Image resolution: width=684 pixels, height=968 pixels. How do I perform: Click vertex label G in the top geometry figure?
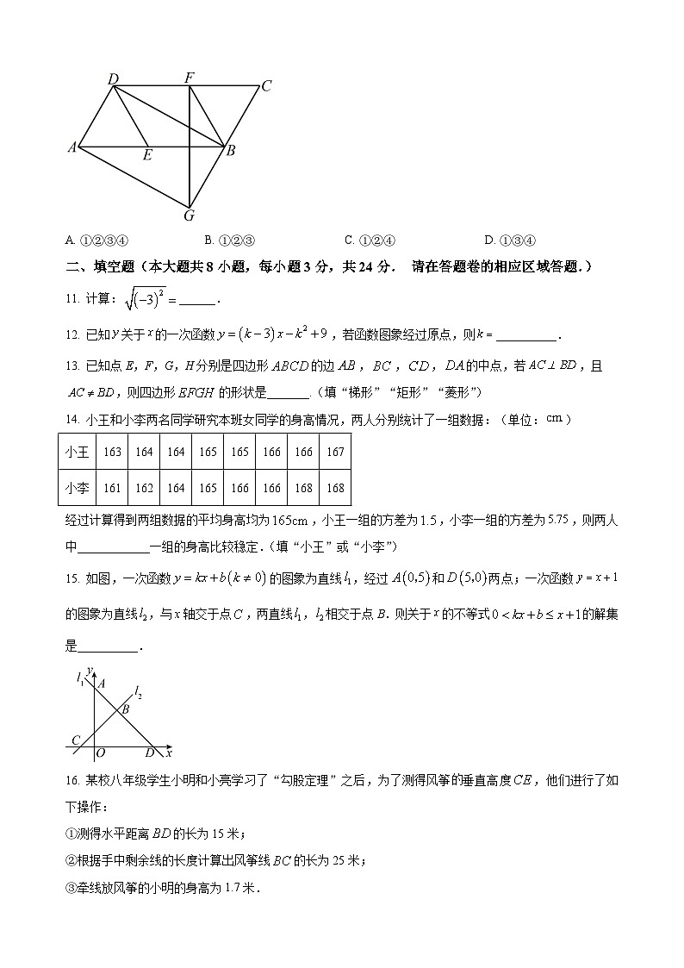(x=190, y=215)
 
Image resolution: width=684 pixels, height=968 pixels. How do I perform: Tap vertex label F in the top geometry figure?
(x=189, y=78)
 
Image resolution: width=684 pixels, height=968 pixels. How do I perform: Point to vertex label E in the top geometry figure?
(x=147, y=155)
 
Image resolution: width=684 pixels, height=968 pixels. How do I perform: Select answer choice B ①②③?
(x=233, y=240)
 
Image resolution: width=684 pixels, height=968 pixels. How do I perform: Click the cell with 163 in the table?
(x=112, y=453)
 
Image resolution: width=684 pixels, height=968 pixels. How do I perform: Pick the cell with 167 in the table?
(x=335, y=453)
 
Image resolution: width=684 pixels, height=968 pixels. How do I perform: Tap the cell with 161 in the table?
(x=112, y=488)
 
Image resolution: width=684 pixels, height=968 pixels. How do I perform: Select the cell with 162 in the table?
(x=144, y=488)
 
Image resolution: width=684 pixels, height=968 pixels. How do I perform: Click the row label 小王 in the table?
(x=78, y=453)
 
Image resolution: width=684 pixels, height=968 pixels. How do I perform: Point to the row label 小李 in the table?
(x=78, y=488)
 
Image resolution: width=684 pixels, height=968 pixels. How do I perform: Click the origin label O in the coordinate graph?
(x=100, y=753)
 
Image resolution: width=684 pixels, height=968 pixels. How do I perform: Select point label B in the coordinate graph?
(x=125, y=709)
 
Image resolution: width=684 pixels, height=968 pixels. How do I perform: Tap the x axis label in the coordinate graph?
(x=169, y=753)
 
